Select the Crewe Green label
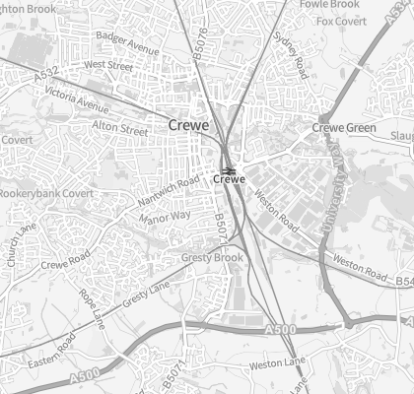pos(344,128)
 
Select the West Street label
pos(109,65)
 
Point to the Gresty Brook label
pos(212,258)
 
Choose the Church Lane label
pos(20,243)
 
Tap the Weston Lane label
pos(279,364)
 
